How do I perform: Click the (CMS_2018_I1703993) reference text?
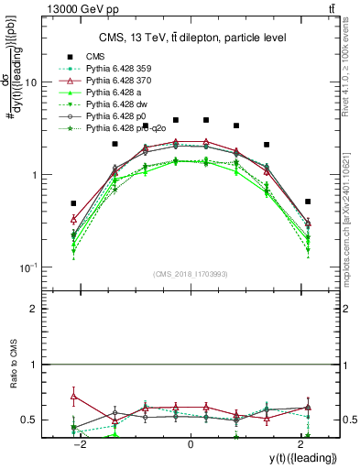tap(190, 273)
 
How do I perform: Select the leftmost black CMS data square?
tap(74, 203)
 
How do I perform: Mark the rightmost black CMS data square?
tap(308, 202)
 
